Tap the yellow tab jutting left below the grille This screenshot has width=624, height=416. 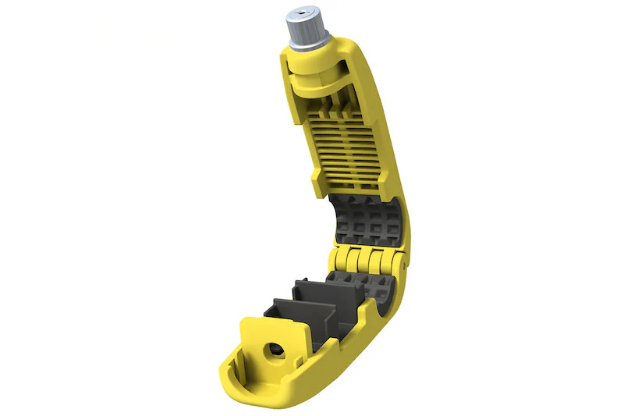click(316, 180)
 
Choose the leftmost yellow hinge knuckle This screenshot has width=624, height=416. click(344, 261)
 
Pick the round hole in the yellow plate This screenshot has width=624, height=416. click(275, 350)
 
